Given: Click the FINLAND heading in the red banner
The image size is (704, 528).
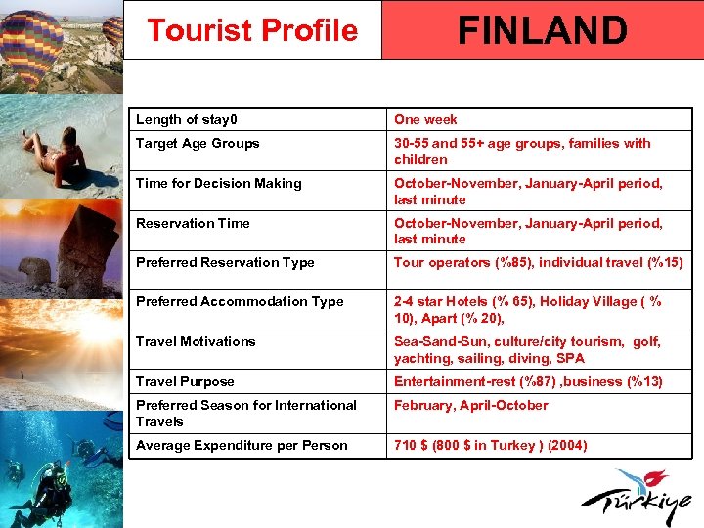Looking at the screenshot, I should tap(542, 30).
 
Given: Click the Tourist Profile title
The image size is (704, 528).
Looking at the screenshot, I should tap(252, 30).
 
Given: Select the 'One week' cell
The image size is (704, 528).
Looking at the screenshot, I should tap(425, 119).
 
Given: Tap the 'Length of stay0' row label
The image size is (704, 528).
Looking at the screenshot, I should tap(187, 119).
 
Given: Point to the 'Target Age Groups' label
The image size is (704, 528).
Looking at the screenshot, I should tap(198, 143).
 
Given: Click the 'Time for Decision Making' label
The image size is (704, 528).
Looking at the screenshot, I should tap(219, 183).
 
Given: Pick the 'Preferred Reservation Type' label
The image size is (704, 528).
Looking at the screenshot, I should tap(225, 262).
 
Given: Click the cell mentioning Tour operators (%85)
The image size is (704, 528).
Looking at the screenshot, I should tap(538, 262).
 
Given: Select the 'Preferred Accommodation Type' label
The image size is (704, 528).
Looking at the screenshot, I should tap(240, 301).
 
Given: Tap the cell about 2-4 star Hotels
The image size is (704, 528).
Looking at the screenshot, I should tap(528, 310).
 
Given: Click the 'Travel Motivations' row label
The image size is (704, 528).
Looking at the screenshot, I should tap(196, 341).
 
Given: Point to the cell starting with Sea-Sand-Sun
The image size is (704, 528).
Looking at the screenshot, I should tap(527, 350).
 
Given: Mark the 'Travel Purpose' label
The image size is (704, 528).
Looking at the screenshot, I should tap(185, 381).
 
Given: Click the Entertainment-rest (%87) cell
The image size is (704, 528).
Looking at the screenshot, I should tap(528, 381).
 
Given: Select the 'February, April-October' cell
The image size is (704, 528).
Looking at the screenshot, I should tap(470, 405).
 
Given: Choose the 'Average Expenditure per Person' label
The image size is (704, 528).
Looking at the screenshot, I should tap(242, 445).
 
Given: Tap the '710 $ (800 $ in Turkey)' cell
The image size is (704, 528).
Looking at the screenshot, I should tap(490, 445).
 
